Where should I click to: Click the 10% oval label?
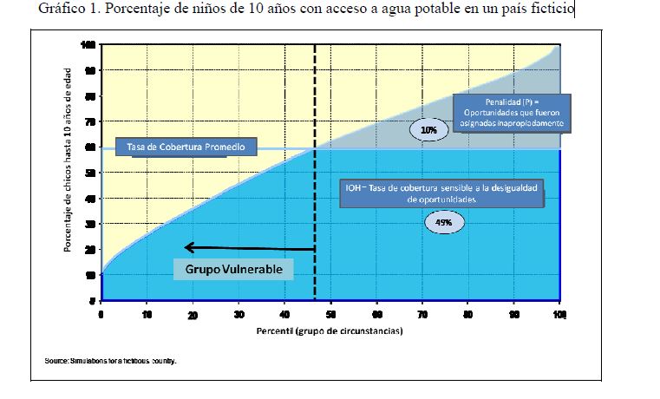pyautogui.click(x=428, y=130)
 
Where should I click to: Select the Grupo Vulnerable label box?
pyautogui.click(x=234, y=270)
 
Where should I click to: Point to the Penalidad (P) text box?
pyautogui.click(x=510, y=112)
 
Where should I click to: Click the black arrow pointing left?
pyautogui.click(x=248, y=248)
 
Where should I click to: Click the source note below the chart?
pyautogui.click(x=110, y=362)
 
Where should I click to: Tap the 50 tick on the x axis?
pyautogui.click(x=330, y=314)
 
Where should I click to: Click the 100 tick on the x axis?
pyautogui.click(x=559, y=314)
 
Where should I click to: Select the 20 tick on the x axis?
pyautogui.click(x=193, y=314)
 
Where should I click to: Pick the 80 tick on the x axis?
pyautogui.click(x=468, y=314)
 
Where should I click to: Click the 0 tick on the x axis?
pyautogui.click(x=101, y=314)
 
